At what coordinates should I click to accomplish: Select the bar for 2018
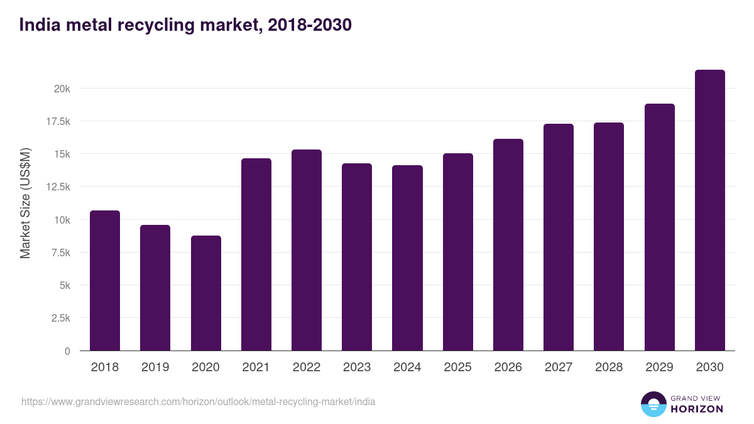105,281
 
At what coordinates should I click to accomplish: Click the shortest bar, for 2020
205,293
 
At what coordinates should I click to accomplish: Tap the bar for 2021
256,254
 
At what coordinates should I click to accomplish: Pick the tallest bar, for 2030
709,210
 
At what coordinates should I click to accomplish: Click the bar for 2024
407,258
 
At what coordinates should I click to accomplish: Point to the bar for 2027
559,237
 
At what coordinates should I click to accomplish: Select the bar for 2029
659,227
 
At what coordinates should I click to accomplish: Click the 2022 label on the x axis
306,367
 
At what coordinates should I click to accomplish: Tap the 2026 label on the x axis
508,367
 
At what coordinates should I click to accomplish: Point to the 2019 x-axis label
155,367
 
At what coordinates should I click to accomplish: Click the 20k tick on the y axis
62,89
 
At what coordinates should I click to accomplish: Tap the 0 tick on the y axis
67,351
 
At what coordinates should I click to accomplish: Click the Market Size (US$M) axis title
25,203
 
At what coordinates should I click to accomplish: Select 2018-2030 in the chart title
309,25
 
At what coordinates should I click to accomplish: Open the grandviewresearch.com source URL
199,401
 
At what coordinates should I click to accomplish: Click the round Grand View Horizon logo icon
653,404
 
